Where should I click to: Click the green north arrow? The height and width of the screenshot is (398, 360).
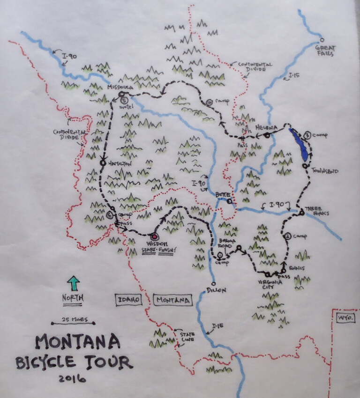pos(74,283)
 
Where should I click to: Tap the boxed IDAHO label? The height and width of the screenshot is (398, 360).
pos(128,300)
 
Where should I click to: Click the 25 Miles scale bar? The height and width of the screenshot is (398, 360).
pos(73,323)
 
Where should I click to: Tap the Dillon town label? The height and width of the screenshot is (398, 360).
pos(216,290)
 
